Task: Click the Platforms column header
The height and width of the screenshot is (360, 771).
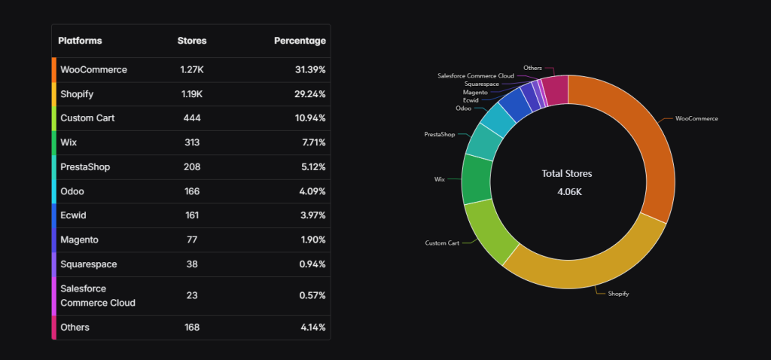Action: [x=80, y=41]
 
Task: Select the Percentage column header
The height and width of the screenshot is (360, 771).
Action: [x=300, y=41]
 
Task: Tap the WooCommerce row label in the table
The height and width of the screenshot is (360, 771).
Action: [x=93, y=70]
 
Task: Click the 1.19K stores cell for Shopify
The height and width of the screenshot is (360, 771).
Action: [x=191, y=94]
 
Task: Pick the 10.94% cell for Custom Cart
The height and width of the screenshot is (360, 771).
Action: [x=309, y=119]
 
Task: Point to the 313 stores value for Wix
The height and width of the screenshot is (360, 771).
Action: [x=191, y=143]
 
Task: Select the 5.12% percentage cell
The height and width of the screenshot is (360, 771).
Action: [x=310, y=167]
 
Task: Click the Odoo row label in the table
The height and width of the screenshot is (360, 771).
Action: [x=72, y=192]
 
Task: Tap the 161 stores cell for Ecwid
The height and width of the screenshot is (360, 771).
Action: [x=191, y=216]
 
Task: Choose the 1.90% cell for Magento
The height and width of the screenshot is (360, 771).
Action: [x=310, y=240]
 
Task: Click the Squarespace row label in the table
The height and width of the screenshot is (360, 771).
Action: [x=88, y=264]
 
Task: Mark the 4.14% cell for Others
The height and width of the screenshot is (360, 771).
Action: [x=310, y=328]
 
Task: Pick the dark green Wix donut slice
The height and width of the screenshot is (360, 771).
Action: [x=476, y=179]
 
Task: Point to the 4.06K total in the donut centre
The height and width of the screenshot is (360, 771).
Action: [x=567, y=191]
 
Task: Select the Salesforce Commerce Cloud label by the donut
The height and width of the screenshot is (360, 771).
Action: [x=475, y=76]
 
